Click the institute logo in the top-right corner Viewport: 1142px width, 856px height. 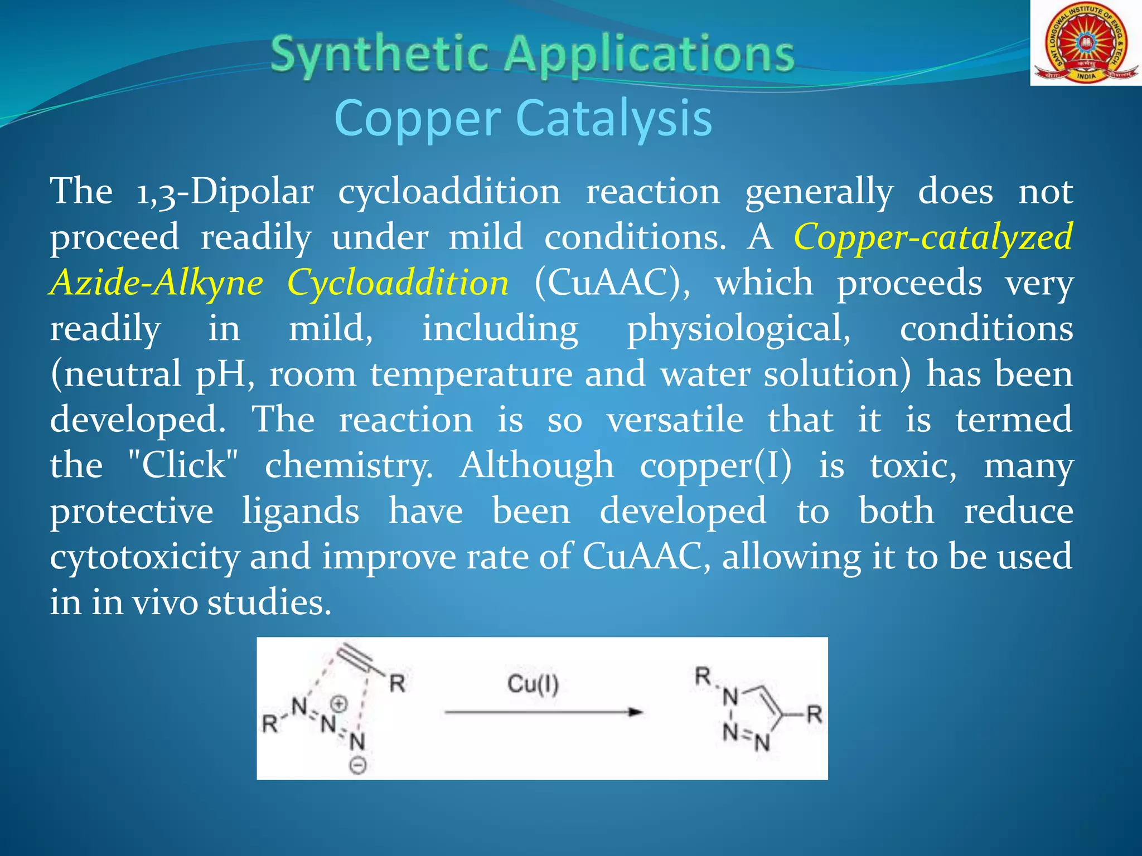pyautogui.click(x=1085, y=43)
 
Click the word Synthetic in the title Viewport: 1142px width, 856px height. pyautogui.click(x=379, y=54)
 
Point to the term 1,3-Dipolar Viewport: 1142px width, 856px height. pyautogui.click(x=225, y=192)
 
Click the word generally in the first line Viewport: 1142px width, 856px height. pyautogui.click(x=819, y=192)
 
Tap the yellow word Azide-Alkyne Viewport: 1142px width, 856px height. pyautogui.click(x=156, y=283)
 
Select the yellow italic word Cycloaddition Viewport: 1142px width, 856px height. pyautogui.click(x=398, y=283)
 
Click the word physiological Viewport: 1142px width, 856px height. pyautogui.click(x=739, y=329)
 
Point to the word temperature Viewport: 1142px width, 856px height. pyautogui.click(x=471, y=374)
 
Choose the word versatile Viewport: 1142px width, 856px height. pyautogui.click(x=675, y=420)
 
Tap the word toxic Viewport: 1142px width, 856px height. pyautogui.click(x=913, y=465)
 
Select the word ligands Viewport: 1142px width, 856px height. pyautogui.click(x=301, y=512)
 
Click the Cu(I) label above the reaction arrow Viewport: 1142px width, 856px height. pyautogui.click(x=533, y=684)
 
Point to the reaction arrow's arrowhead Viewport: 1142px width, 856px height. pyautogui.click(x=635, y=712)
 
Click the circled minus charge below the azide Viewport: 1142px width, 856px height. pyautogui.click(x=357, y=766)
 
